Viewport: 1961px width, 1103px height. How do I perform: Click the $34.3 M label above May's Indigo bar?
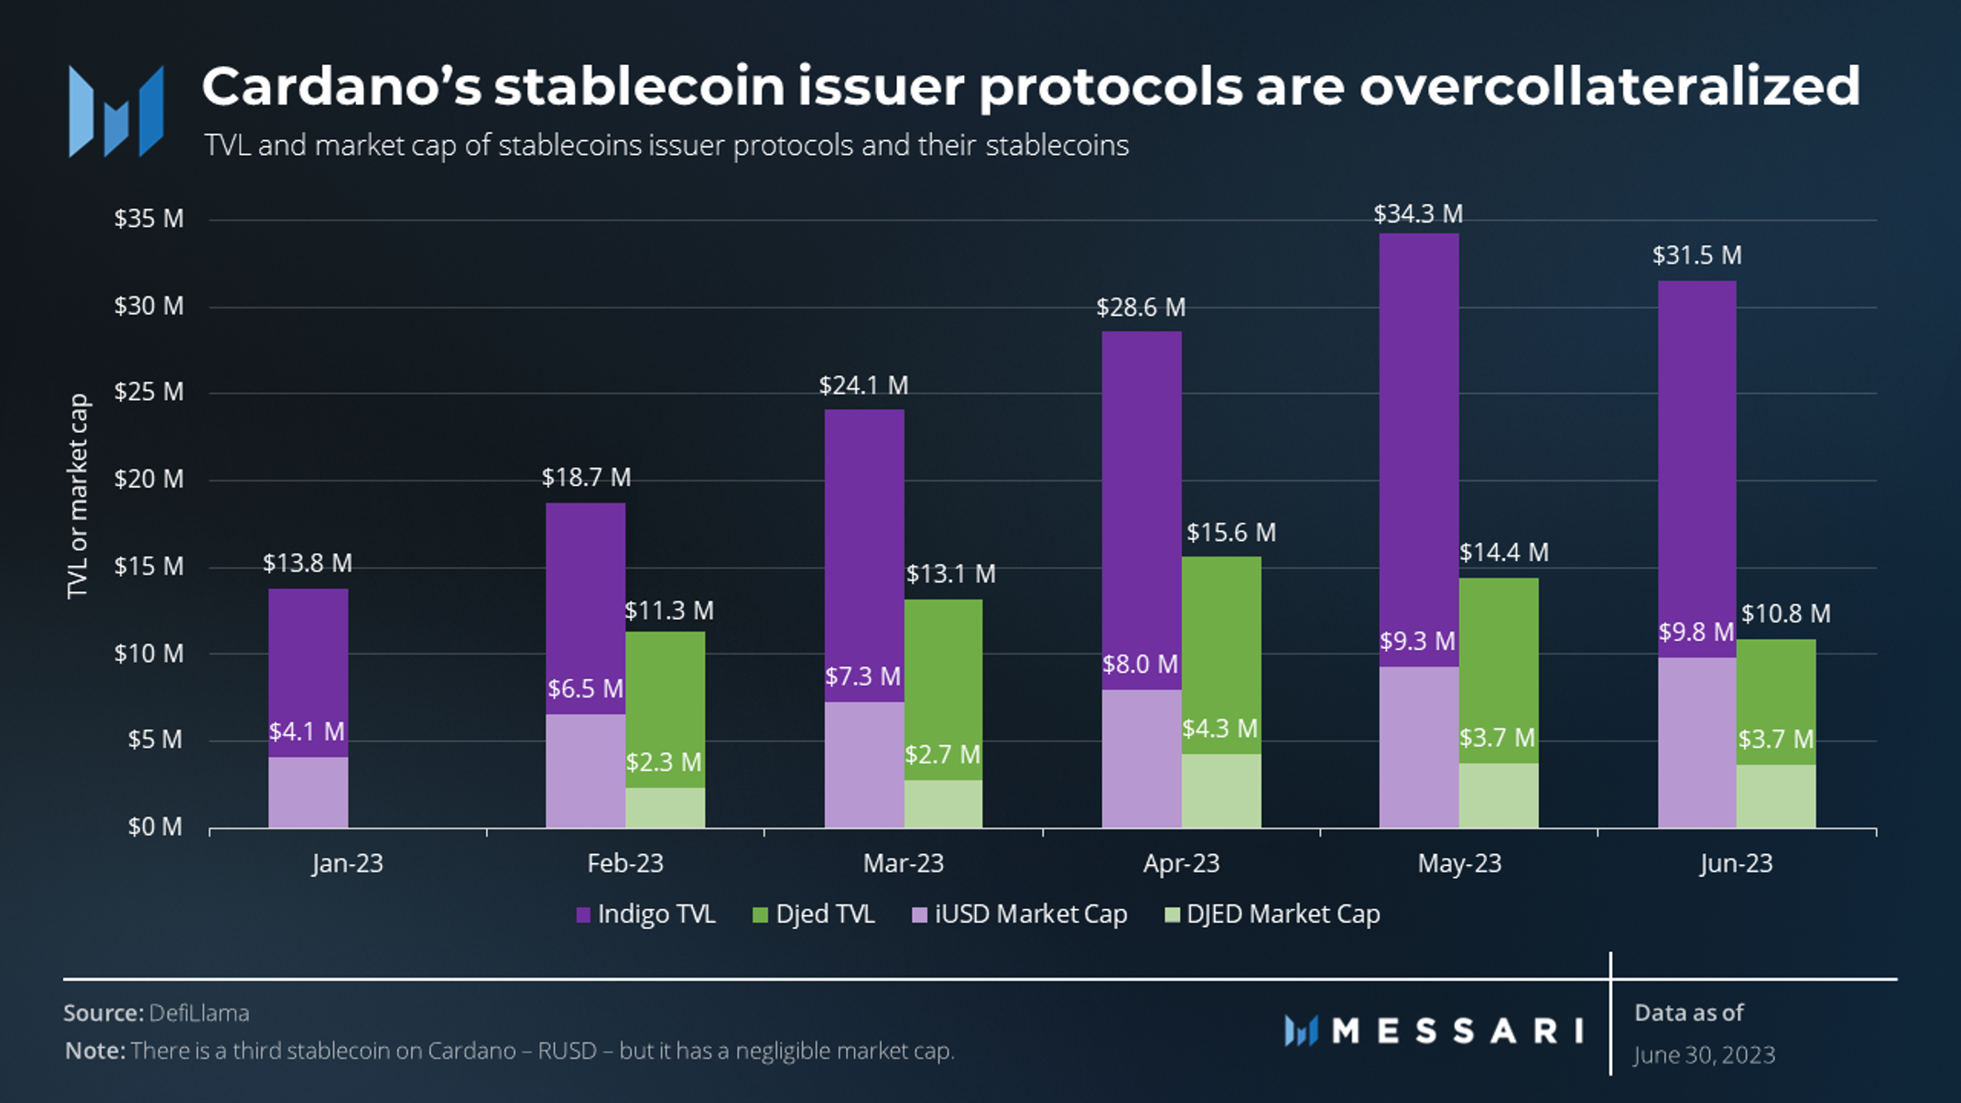tap(1418, 214)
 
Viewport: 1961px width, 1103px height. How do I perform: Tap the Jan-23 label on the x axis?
tap(347, 863)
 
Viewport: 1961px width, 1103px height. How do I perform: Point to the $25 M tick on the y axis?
tap(148, 393)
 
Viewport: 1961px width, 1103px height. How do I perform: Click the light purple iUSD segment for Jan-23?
tap(308, 793)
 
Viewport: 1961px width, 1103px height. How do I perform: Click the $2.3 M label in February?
tap(664, 762)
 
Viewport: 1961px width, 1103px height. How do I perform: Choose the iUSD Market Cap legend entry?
tap(1020, 914)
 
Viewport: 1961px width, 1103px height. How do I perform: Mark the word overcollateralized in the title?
tap(1609, 88)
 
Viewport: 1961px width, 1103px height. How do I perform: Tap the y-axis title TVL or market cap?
tap(79, 496)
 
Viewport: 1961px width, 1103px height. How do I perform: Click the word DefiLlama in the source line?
tap(199, 1013)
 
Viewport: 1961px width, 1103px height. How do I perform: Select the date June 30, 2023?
tap(1705, 1055)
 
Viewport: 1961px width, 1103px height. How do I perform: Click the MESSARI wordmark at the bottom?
tap(1456, 1032)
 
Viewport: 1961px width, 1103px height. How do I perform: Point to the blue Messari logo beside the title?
tap(116, 112)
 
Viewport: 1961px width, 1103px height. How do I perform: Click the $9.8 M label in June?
tap(1696, 633)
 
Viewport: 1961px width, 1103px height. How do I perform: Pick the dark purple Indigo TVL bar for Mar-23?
tap(863, 549)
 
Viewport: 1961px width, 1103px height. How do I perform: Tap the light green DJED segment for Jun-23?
tap(1776, 796)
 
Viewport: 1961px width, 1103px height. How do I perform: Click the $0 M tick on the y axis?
tap(155, 827)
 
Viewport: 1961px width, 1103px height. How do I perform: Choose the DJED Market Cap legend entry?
tap(1273, 914)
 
